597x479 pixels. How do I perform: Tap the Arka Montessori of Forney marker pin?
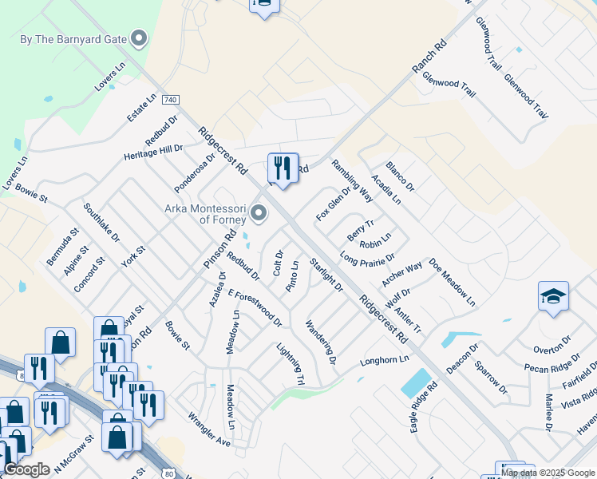point(259,213)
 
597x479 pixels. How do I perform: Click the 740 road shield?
point(169,100)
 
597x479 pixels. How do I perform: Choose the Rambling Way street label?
point(352,180)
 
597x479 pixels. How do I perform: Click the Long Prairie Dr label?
point(367,259)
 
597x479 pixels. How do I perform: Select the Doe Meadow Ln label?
point(452,282)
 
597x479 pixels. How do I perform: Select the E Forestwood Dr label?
point(255,307)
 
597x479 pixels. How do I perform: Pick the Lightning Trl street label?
point(291,364)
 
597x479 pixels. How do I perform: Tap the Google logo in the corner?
point(26,470)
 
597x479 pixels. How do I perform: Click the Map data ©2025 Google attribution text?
point(547,473)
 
